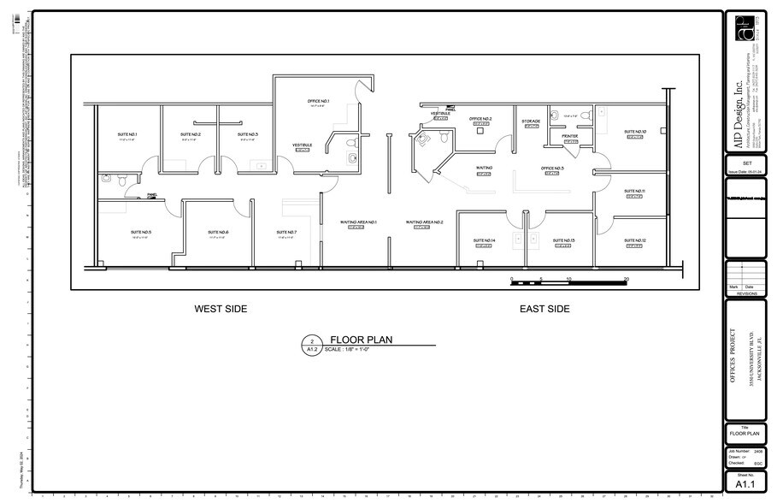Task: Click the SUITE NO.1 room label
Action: coord(127,134)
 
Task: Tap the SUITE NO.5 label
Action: coord(141,233)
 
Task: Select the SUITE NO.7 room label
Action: coord(285,233)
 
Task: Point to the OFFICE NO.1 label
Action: coord(319,102)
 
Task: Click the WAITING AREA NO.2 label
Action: coord(424,222)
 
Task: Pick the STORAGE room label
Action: coord(532,121)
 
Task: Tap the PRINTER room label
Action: coord(570,136)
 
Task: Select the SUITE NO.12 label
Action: coord(634,240)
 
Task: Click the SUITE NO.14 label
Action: coord(484,240)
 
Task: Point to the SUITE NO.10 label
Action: coord(634,132)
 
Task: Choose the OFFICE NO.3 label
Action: coord(552,169)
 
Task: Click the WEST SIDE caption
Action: coord(221,309)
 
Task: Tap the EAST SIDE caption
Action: coord(544,309)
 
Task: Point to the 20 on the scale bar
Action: coord(627,279)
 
